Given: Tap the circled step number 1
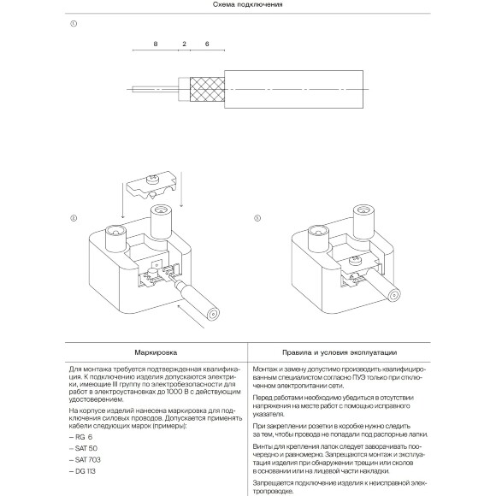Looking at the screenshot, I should (74, 24).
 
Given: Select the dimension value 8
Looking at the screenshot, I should (155, 42).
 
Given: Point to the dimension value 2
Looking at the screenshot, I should (184, 42).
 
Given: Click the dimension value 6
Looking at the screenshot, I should (208, 42).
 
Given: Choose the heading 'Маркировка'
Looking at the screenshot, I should (156, 351).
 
